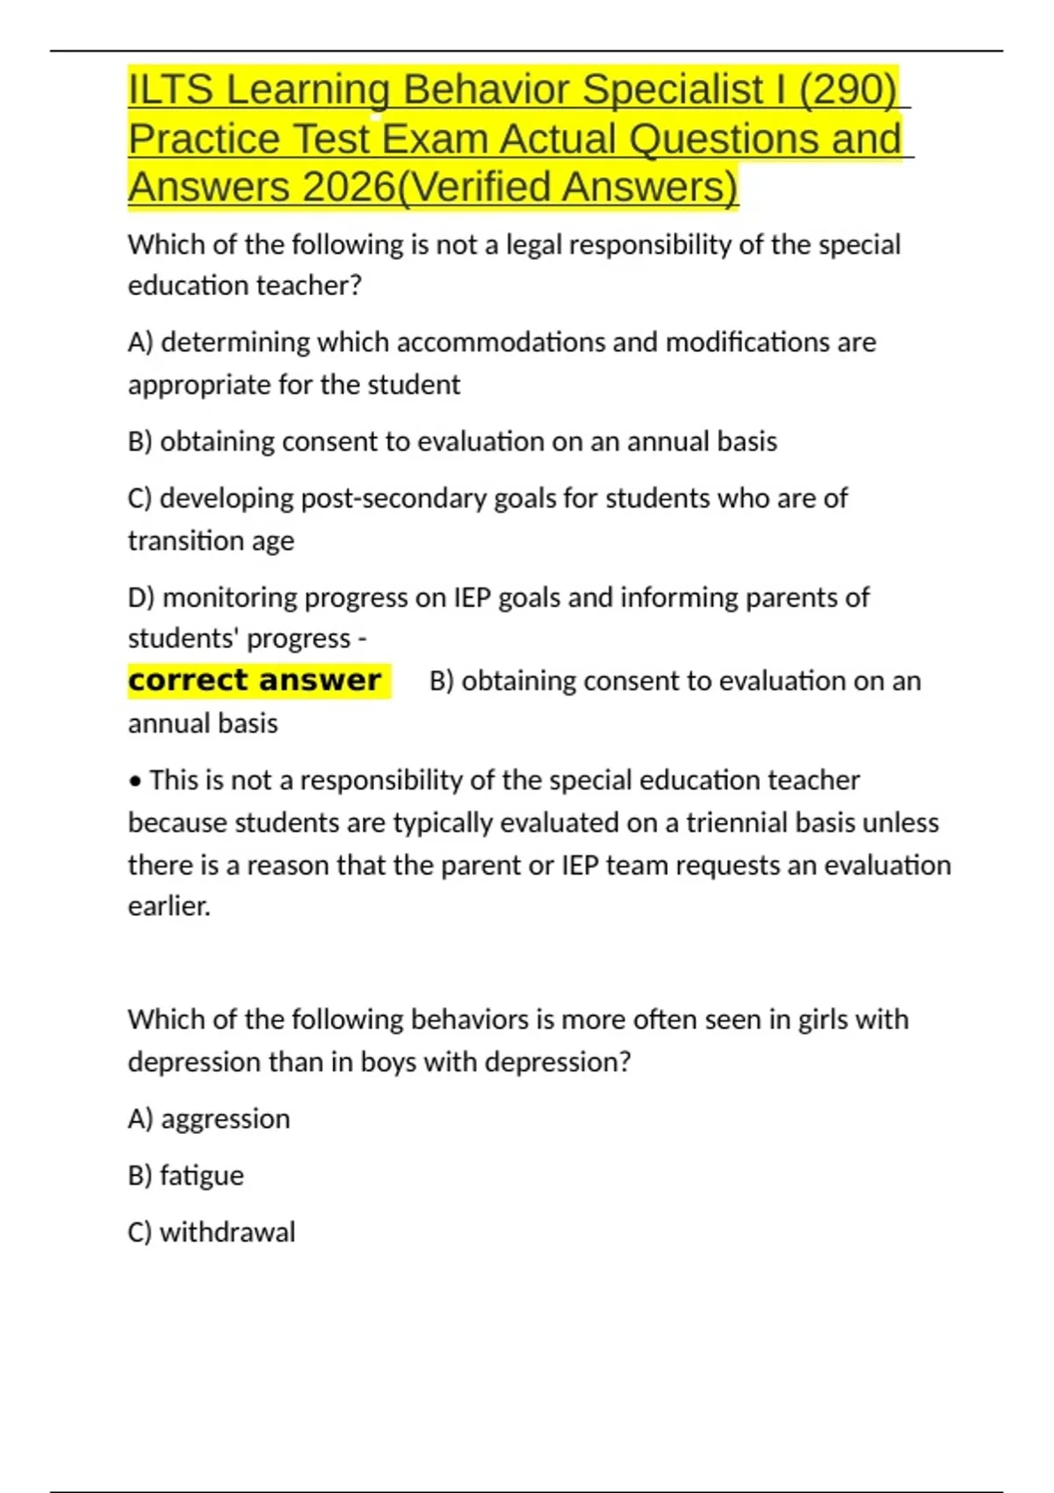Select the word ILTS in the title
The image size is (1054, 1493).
[170, 90]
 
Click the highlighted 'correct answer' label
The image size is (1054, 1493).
[255, 681]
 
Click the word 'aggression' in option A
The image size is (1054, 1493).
[226, 1119]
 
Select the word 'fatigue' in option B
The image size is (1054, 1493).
[202, 1176]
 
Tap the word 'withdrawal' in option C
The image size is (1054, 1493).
[227, 1232]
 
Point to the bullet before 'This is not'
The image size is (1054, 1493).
[135, 781]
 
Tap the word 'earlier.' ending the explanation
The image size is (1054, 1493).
[170, 906]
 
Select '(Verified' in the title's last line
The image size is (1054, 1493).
[475, 187]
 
